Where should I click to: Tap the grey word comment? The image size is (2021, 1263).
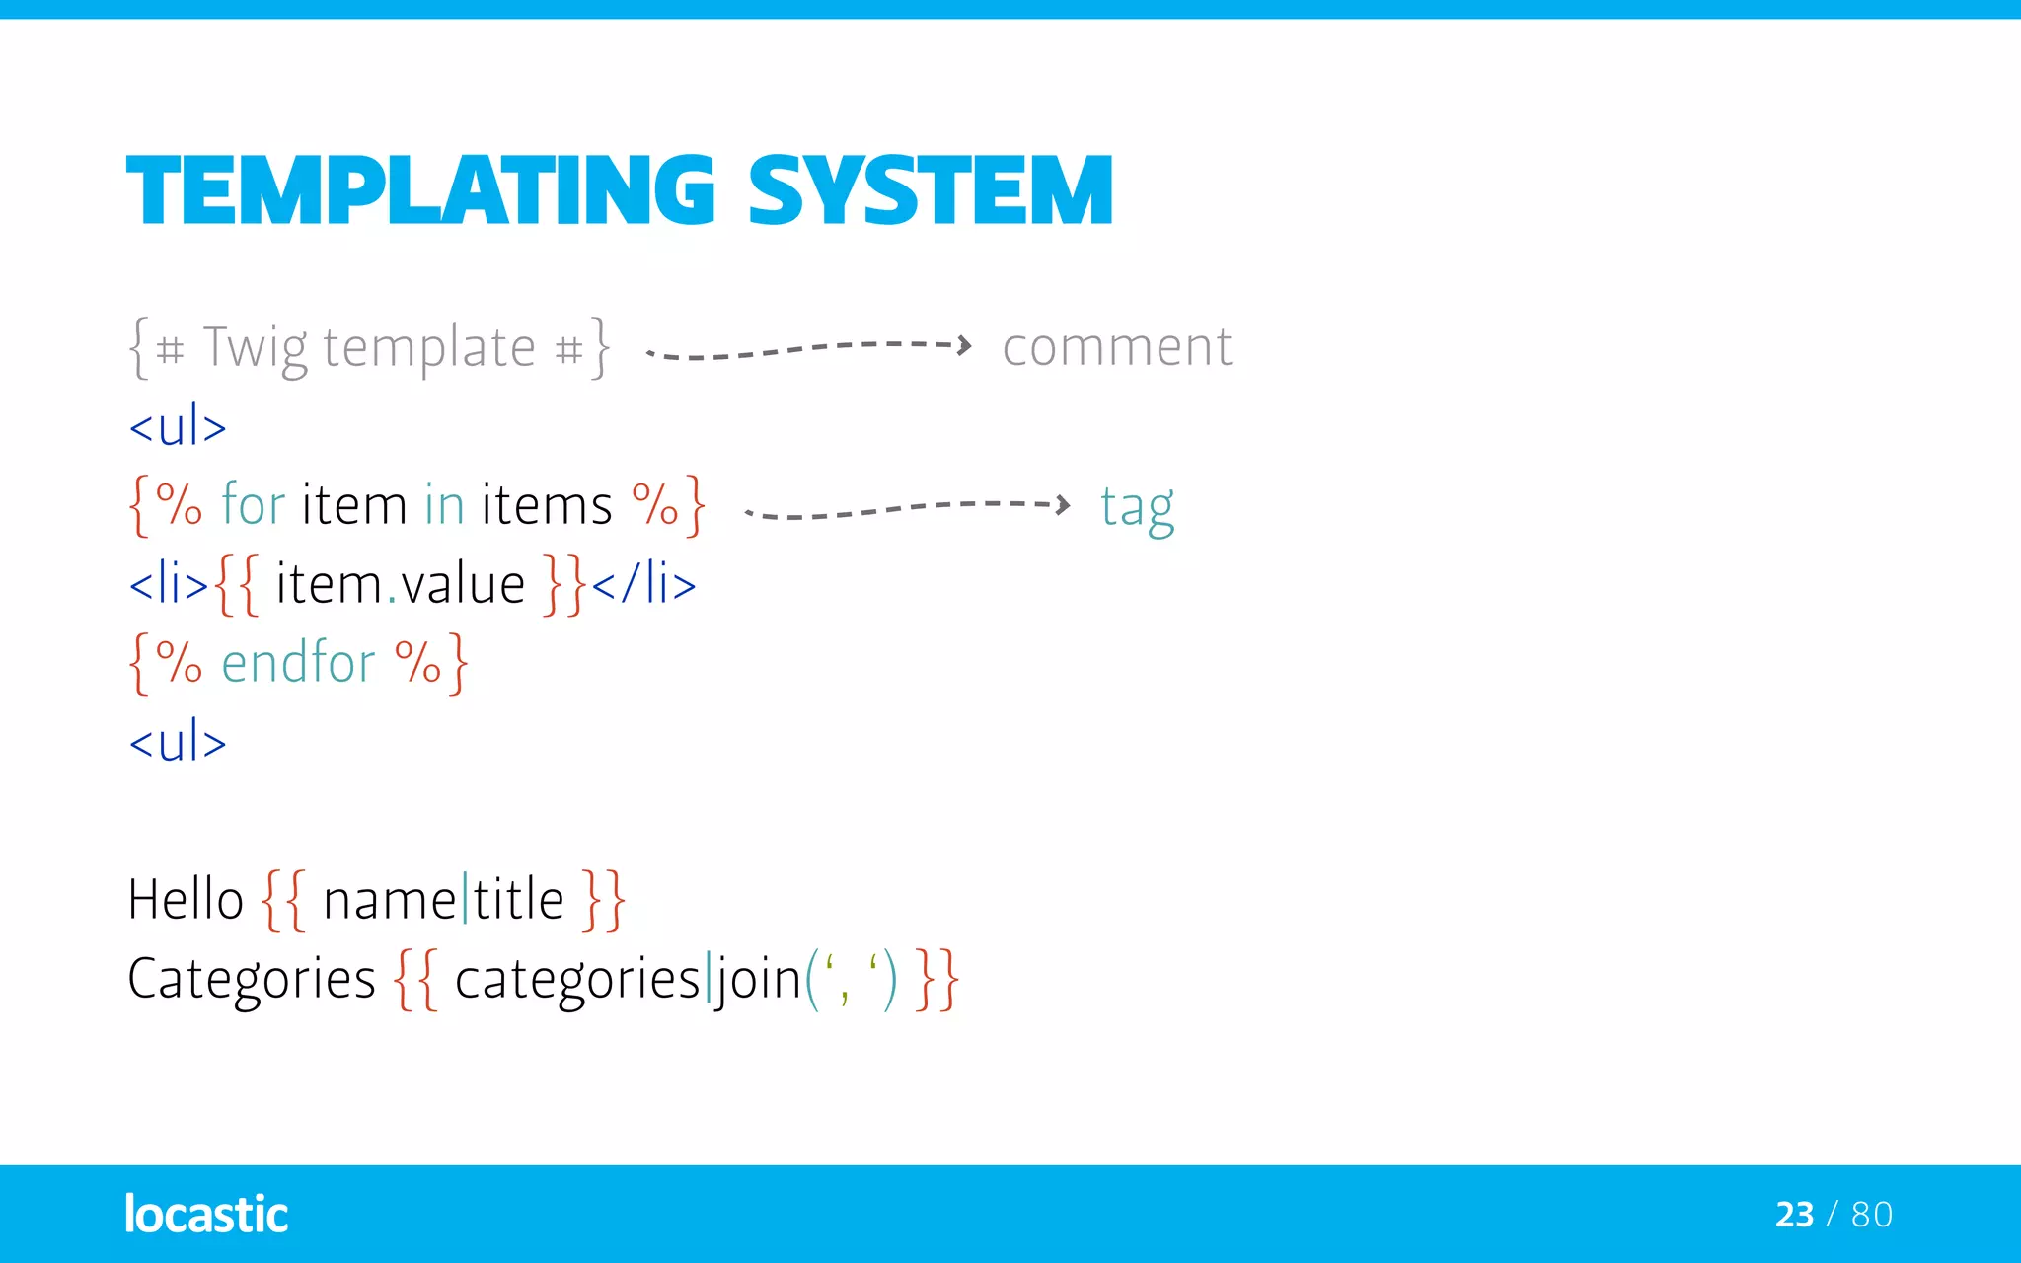[x=1116, y=347]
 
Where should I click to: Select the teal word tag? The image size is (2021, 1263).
[x=1137, y=507]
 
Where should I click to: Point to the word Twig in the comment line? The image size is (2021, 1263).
[x=256, y=348]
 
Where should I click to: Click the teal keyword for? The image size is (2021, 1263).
[x=253, y=504]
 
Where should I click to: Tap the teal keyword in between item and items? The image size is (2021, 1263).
[x=444, y=505]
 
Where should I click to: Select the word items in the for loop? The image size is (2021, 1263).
[x=547, y=505]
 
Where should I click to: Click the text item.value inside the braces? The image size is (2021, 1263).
[x=400, y=584]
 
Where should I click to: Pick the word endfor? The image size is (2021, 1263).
[x=298, y=662]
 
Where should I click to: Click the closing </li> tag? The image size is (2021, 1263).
[x=644, y=584]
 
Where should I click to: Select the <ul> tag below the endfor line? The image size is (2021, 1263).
[x=178, y=742]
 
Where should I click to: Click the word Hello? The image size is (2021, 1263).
[x=186, y=899]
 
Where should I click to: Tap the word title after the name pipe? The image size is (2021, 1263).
[x=518, y=899]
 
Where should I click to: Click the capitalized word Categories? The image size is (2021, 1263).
[x=252, y=979]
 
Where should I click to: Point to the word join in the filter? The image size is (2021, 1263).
[x=758, y=979]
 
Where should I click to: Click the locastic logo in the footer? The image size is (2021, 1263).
[x=206, y=1214]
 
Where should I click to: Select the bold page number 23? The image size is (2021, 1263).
[x=1793, y=1215]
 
